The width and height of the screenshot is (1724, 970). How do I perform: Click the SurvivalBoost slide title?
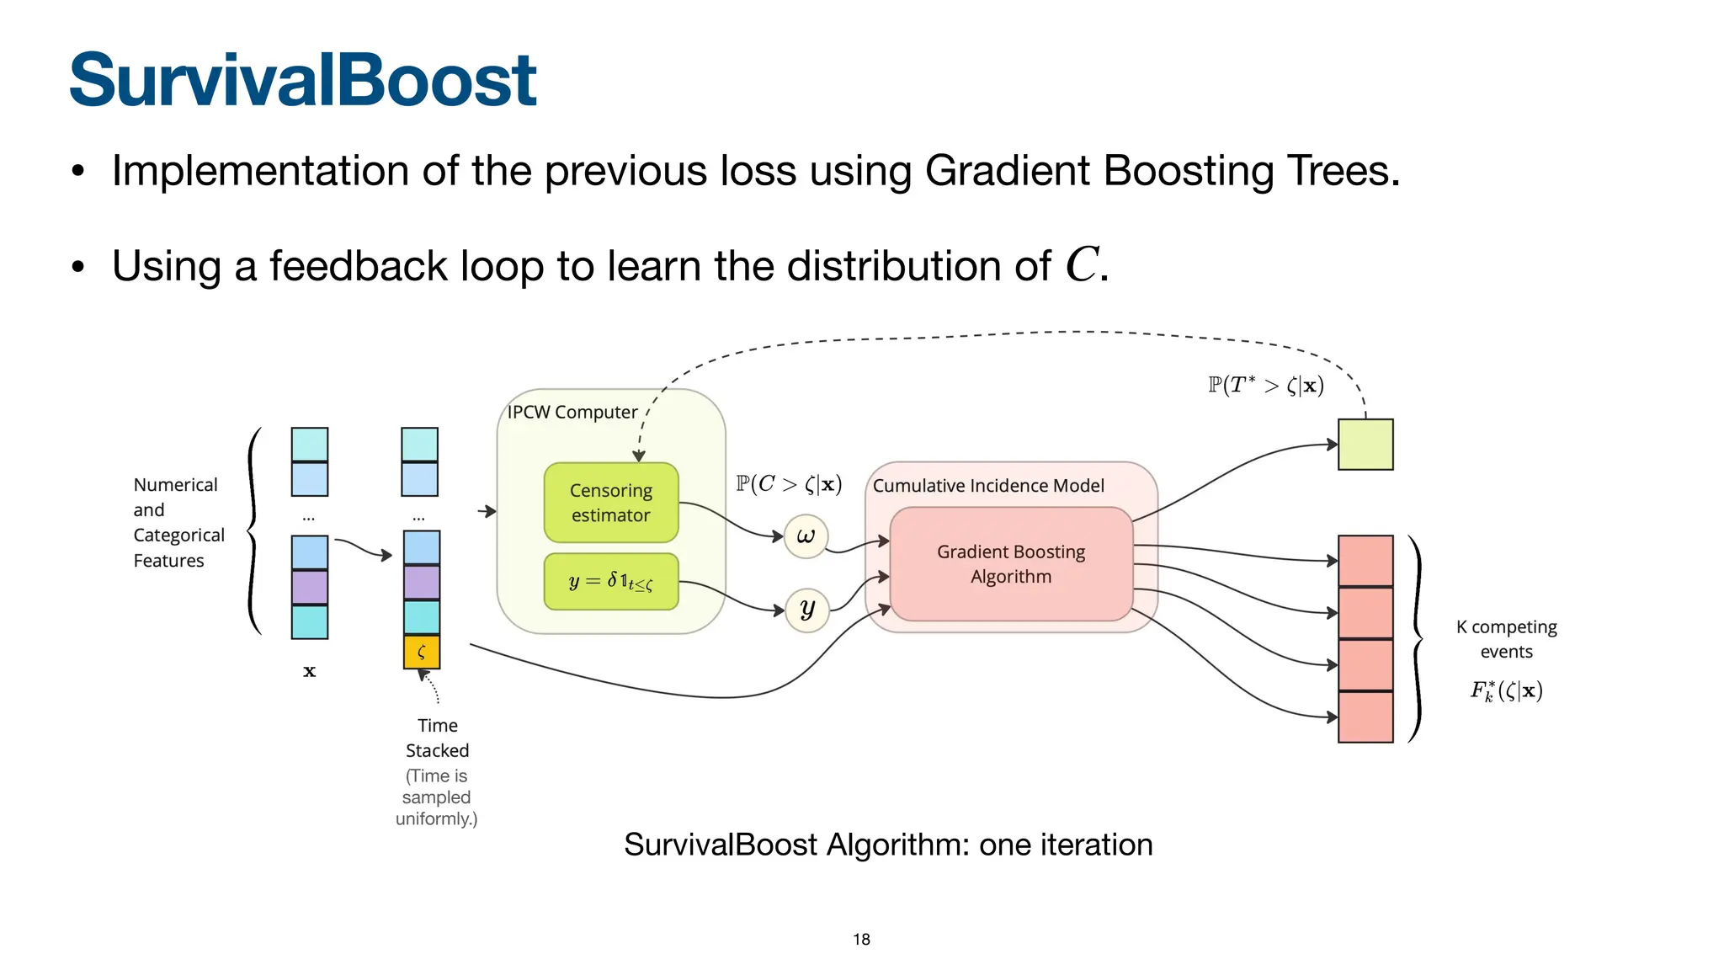point(302,80)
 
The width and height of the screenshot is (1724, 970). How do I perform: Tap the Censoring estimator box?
point(611,503)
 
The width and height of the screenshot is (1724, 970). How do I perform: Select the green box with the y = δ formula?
point(611,581)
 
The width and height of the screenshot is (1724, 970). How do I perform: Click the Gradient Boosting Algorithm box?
point(1011,564)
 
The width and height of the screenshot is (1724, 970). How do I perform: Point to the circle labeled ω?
point(806,536)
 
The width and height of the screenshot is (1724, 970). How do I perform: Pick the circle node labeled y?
point(807,610)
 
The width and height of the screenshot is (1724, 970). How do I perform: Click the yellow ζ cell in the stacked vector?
point(422,652)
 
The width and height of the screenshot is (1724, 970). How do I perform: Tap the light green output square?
point(1365,445)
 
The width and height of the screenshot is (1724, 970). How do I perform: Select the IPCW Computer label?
point(572,412)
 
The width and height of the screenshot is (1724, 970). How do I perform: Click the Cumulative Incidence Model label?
point(988,486)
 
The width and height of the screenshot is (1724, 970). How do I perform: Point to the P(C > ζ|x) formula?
point(789,484)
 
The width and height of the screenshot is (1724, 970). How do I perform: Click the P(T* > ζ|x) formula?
point(1266,386)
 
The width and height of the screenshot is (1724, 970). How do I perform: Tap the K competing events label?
point(1506,639)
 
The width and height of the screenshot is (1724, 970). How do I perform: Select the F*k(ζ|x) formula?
point(1506,691)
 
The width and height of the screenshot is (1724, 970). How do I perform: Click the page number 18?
point(861,939)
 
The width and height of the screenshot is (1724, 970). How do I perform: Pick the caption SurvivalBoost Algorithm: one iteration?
point(888,845)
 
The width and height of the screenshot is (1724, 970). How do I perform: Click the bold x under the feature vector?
point(309,671)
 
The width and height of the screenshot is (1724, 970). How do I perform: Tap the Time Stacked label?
point(437,738)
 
